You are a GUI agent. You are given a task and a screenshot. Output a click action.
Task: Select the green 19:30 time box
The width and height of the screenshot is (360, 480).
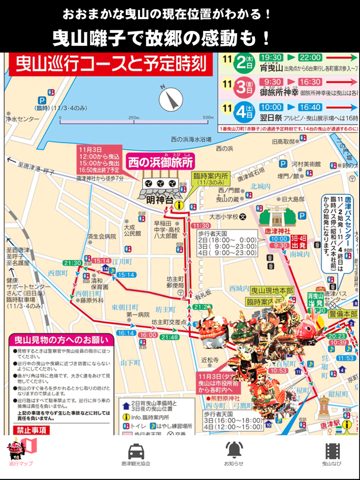coord(271,58)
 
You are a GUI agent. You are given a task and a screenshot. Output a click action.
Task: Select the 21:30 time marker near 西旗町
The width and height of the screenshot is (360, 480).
coord(73,263)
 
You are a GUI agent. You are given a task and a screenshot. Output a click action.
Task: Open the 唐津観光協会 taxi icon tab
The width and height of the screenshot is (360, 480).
coord(136,455)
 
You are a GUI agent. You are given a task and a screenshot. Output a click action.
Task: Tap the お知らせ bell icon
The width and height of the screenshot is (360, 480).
coord(233,455)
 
